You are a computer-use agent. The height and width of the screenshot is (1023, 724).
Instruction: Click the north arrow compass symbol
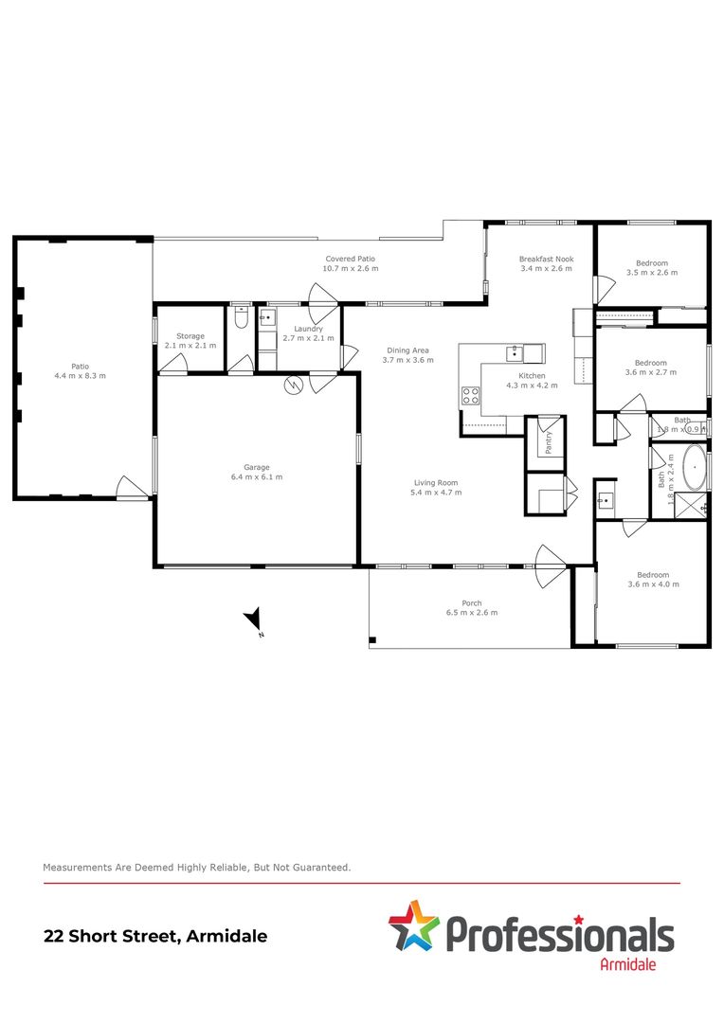(x=254, y=621)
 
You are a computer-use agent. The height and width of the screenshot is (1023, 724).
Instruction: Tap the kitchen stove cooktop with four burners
(x=470, y=397)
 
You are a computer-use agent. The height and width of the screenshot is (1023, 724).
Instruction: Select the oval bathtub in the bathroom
(x=695, y=469)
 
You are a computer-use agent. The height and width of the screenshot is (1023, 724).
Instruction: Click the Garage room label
(x=257, y=467)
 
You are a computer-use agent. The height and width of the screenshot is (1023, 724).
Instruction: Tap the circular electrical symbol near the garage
(x=294, y=386)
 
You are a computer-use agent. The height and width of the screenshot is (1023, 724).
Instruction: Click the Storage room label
(x=190, y=336)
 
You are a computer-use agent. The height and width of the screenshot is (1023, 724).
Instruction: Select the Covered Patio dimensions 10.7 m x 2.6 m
(x=351, y=269)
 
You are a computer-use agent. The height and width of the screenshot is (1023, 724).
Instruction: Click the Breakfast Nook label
(x=546, y=259)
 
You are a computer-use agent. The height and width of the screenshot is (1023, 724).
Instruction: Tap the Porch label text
(x=472, y=603)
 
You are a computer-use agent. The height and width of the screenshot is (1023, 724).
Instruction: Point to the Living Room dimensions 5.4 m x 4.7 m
(x=435, y=493)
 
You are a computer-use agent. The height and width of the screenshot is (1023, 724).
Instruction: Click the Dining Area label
(x=407, y=350)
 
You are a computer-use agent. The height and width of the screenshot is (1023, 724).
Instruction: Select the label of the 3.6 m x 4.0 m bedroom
(x=653, y=575)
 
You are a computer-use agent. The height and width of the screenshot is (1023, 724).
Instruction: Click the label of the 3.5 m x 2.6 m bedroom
(x=651, y=263)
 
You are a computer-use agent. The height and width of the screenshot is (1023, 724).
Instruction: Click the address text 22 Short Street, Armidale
(x=155, y=936)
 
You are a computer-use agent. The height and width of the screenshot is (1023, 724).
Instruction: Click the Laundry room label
(x=308, y=329)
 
